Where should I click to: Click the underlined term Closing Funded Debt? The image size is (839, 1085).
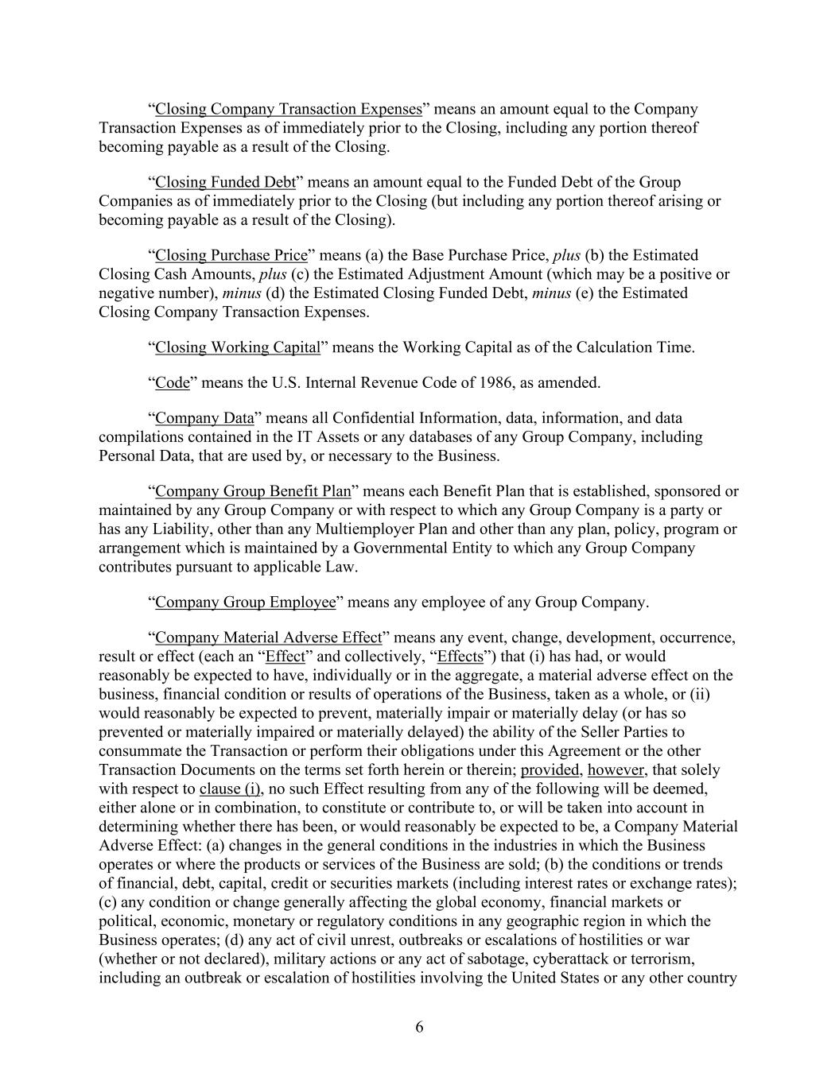coord(225,182)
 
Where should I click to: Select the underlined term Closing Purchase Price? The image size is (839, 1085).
coord(231,255)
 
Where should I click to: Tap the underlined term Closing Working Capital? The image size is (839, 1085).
coord(237,347)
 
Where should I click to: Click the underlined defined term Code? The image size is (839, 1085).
coord(173,382)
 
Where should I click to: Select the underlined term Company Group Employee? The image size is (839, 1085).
coord(246,602)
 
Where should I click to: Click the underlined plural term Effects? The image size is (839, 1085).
coord(460,657)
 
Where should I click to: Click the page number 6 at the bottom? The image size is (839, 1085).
coord(419,1027)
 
